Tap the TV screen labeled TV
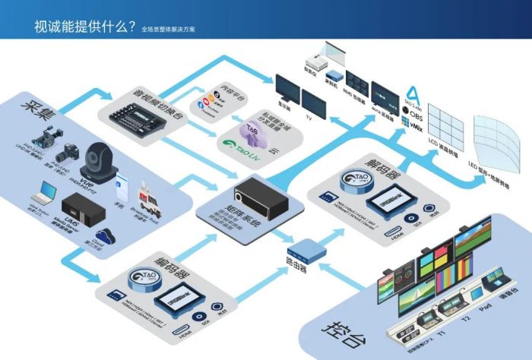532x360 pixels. [x=314, y=99]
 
